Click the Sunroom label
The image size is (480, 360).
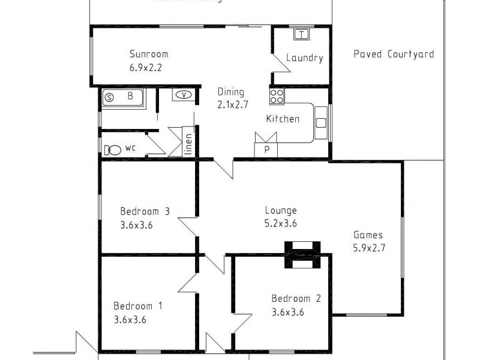[x=149, y=53]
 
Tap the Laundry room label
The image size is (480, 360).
[x=305, y=58]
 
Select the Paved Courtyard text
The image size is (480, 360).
[x=394, y=54]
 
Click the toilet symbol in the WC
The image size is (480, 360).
[x=112, y=150]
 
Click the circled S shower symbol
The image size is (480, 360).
[x=109, y=97]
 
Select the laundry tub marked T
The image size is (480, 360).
[x=301, y=34]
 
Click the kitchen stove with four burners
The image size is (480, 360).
[x=277, y=96]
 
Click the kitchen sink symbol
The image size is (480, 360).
[x=320, y=123]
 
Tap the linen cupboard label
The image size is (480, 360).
[x=188, y=144]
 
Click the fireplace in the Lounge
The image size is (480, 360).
[x=302, y=254]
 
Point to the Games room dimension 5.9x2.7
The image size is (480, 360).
[x=368, y=248]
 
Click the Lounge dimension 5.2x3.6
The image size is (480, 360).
[x=281, y=223]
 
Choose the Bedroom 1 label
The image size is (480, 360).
[x=138, y=305]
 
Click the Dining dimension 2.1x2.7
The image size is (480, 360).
[x=232, y=105]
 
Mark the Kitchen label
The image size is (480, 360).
[x=283, y=119]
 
